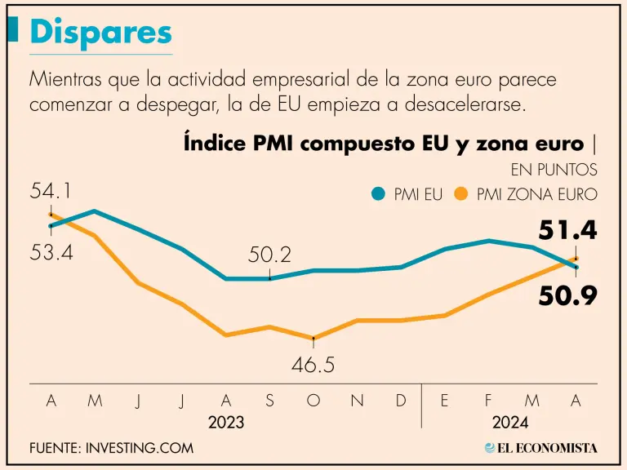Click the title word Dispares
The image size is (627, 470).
pyautogui.click(x=101, y=33)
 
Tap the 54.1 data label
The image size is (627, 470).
pyautogui.click(x=51, y=191)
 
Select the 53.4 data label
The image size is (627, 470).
pyautogui.click(x=51, y=252)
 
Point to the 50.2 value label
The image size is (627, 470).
pyautogui.click(x=269, y=255)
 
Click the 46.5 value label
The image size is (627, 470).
pyautogui.click(x=313, y=365)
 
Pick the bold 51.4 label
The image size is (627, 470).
pyautogui.click(x=568, y=231)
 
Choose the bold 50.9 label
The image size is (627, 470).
pyautogui.click(x=568, y=296)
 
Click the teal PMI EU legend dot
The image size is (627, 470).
pyautogui.click(x=377, y=194)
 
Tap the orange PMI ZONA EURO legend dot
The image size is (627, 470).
pyautogui.click(x=461, y=194)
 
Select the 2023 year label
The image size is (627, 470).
pyautogui.click(x=226, y=423)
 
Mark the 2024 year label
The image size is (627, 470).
pyautogui.click(x=510, y=423)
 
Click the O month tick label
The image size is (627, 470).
pyautogui.click(x=313, y=401)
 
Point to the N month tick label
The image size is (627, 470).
pyautogui.click(x=358, y=401)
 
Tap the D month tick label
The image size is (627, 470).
pyautogui.click(x=401, y=401)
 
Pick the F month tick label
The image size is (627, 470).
pyautogui.click(x=489, y=401)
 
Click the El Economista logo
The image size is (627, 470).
pyautogui.click(x=540, y=448)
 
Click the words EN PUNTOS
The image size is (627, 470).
pyautogui.click(x=554, y=170)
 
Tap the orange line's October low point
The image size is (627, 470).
pyautogui.click(x=313, y=337)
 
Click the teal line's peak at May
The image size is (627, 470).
pyautogui.click(x=95, y=211)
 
